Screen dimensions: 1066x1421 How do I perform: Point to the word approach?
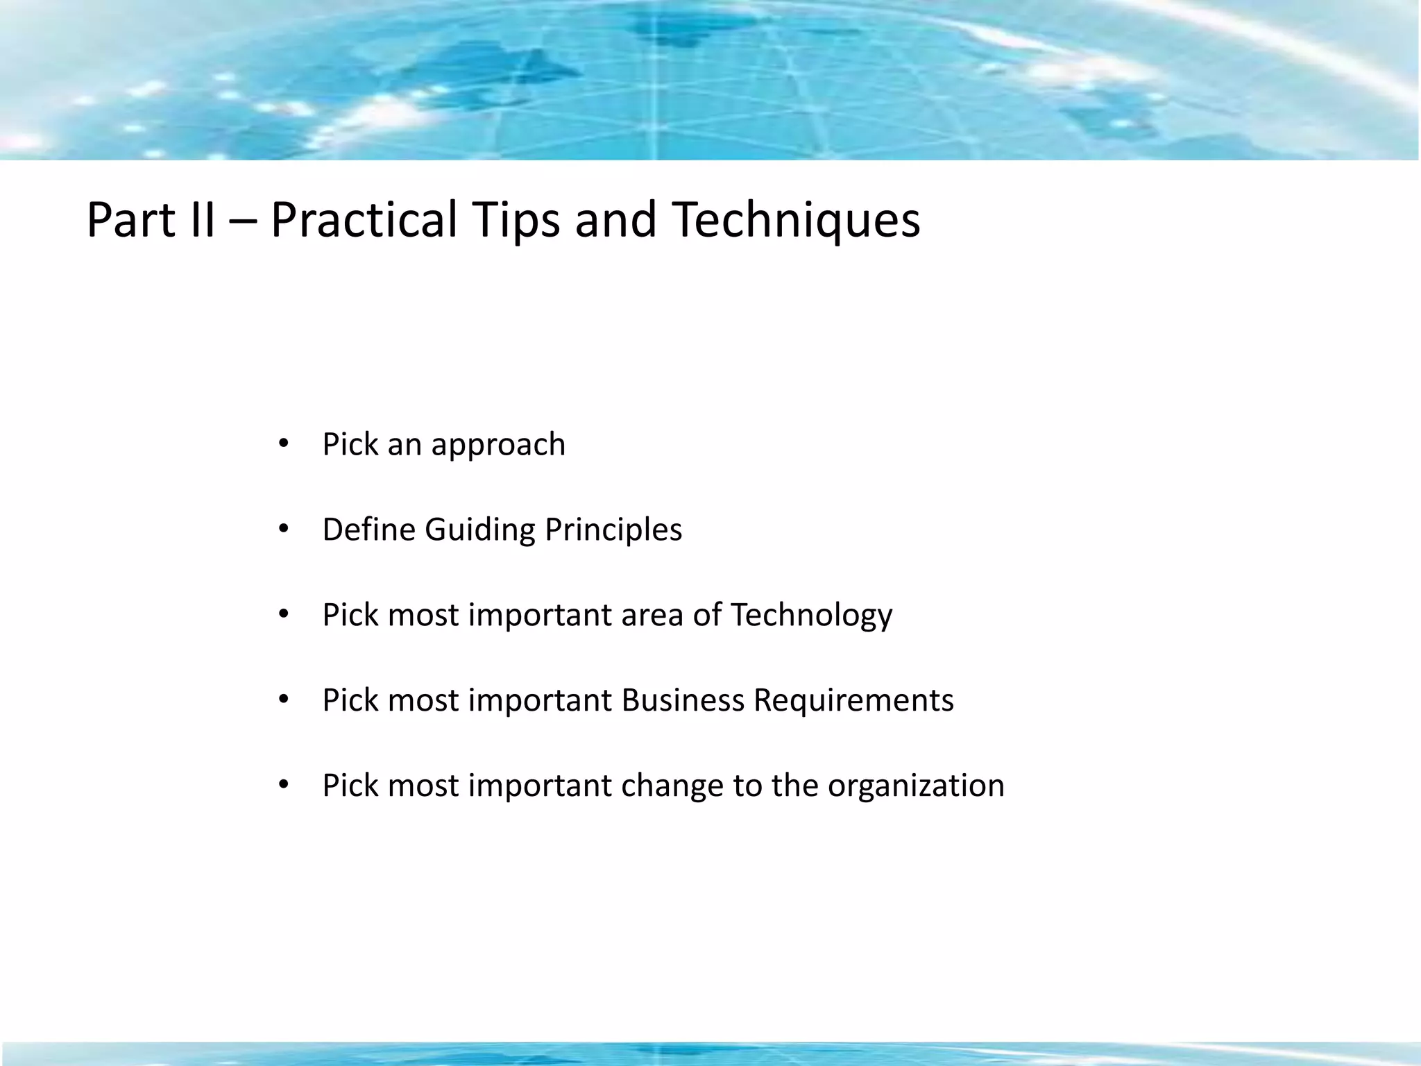tap(497, 446)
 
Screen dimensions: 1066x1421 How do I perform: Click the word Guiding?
tap(479, 531)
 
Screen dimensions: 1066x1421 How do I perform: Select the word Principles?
tap(613, 531)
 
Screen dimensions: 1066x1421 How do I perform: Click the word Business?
tap(683, 700)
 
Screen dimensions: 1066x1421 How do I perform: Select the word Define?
tap(368, 530)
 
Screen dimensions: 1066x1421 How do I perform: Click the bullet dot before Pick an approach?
tap(282, 444)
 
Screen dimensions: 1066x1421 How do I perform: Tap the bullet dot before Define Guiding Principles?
tap(282, 530)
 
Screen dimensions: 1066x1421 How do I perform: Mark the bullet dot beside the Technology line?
tap(282, 615)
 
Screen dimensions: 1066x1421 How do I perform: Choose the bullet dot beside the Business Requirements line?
tap(282, 700)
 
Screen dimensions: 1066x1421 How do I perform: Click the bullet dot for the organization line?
tap(282, 786)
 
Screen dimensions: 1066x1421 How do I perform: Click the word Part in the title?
tap(130, 221)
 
